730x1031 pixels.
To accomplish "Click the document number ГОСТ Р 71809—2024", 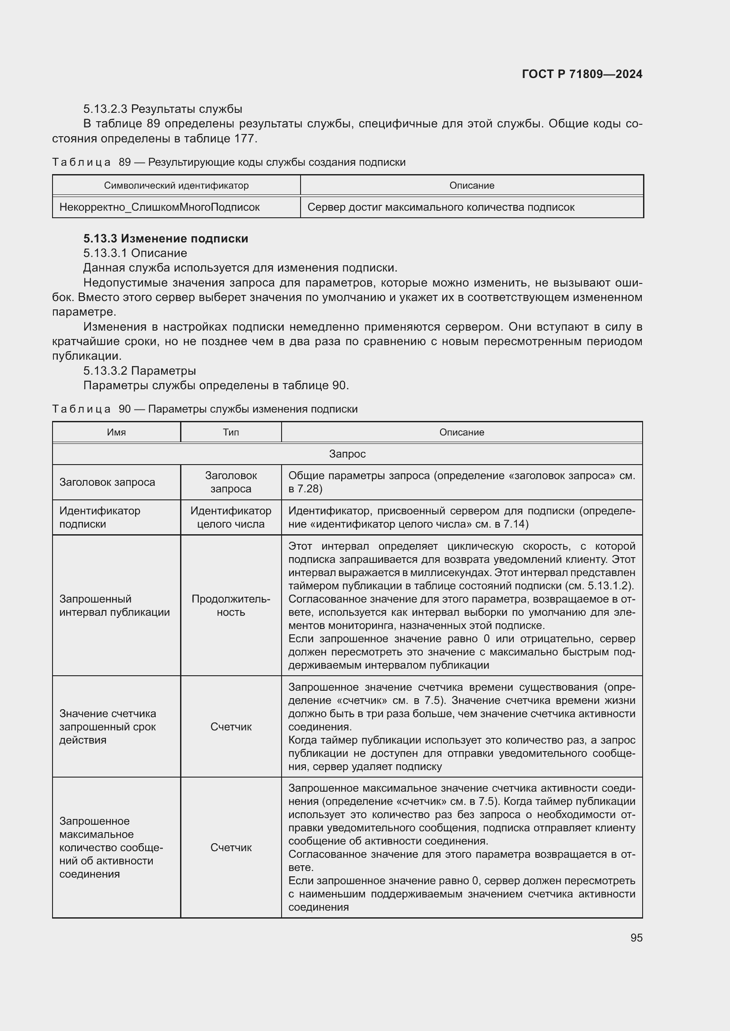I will (582, 74).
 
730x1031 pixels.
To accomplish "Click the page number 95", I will (636, 937).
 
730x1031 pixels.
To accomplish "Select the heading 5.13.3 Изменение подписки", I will (166, 238).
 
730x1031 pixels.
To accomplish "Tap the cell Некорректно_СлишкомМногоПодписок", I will (160, 208).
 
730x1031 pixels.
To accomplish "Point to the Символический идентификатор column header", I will (176, 186).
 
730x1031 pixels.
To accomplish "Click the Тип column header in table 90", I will (230, 432).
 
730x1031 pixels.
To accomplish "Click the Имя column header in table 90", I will (117, 432).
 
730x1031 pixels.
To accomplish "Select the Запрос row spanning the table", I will (347, 454).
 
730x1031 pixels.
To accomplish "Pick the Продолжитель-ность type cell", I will (230, 605).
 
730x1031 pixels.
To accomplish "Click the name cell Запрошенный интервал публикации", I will (115, 605).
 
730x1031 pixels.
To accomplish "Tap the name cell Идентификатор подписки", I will (100, 517).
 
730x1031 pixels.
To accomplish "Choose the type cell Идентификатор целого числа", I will (230, 517).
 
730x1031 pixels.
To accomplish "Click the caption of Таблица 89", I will (229, 162).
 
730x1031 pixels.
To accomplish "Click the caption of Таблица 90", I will (205, 409).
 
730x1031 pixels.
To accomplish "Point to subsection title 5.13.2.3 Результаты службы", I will (163, 109).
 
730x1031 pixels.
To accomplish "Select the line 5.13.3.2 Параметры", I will (140, 371).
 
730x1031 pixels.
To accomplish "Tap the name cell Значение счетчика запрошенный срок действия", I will (108, 726).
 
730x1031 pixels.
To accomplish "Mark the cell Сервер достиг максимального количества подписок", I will (440, 208).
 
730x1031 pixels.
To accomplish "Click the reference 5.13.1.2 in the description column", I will (609, 586).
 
